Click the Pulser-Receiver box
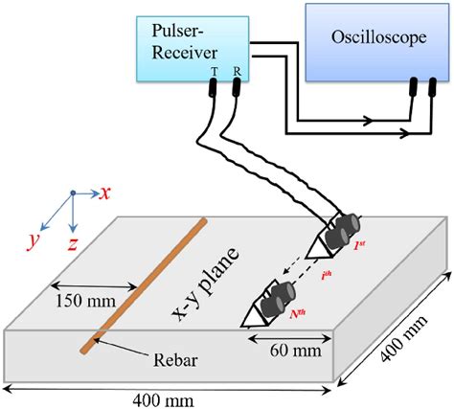pyautogui.click(x=193, y=49)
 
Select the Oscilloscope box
pyautogui.click(x=377, y=42)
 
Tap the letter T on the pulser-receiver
pyautogui.click(x=214, y=72)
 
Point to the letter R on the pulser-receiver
pyautogui.click(x=237, y=72)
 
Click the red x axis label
pyautogui.click(x=104, y=193)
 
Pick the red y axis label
pyautogui.click(x=34, y=241)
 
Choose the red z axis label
pyautogui.click(x=72, y=244)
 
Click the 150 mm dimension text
pyautogui.click(x=86, y=301)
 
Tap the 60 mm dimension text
pyautogui.click(x=296, y=351)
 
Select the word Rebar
pyautogui.click(x=175, y=360)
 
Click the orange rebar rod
pyautogui.click(x=143, y=285)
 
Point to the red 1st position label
pyautogui.click(x=359, y=245)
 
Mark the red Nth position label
pyautogui.click(x=298, y=314)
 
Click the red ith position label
pyautogui.click(x=327, y=276)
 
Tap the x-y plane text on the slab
pyautogui.click(x=205, y=284)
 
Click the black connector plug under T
pyautogui.click(x=213, y=87)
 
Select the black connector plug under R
pyautogui.click(x=237, y=87)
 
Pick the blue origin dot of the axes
pyautogui.click(x=73, y=193)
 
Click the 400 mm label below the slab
pyautogui.click(x=163, y=401)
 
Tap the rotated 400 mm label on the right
pyautogui.click(x=403, y=339)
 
